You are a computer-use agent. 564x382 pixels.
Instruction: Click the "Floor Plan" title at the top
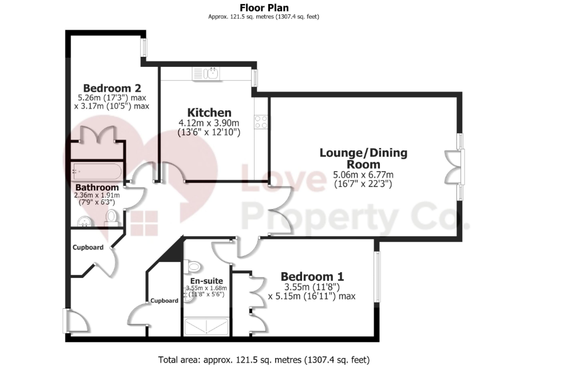tap(264, 7)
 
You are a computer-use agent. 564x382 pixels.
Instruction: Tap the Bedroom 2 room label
tap(112, 88)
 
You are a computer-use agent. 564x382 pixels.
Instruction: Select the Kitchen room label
tap(209, 112)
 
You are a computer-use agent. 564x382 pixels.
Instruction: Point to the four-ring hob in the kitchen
tap(261, 122)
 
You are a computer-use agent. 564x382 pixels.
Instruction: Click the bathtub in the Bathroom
tap(97, 172)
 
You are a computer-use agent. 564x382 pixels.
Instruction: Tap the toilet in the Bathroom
tap(111, 218)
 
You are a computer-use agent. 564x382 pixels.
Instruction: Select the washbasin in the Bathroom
tap(85, 221)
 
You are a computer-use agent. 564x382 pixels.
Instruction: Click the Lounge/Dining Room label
tap(363, 158)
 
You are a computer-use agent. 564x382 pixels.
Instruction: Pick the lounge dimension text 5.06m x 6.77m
tap(363, 175)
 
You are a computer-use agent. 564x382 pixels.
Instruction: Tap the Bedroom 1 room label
tap(312, 277)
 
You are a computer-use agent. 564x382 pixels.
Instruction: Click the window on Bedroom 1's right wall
tap(376, 277)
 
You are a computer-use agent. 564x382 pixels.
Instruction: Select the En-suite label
tap(206, 281)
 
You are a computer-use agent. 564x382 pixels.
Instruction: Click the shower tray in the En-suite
tap(206, 327)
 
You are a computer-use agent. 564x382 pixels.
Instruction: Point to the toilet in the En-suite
tap(192, 266)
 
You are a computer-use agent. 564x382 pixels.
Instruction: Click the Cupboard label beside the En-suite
tap(164, 301)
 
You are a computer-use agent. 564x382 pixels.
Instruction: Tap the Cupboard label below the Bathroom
tap(88, 248)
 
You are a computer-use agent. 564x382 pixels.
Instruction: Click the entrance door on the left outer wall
tap(75, 321)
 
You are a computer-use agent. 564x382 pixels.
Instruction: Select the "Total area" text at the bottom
tap(264, 360)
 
